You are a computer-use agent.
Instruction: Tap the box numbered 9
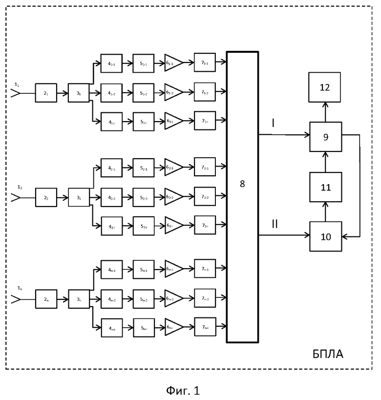(325, 137)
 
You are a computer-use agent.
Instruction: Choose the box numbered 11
(325, 187)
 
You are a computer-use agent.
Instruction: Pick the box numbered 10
(325, 236)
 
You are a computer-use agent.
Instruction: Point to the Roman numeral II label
(275, 224)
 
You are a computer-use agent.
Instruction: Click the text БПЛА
(328, 354)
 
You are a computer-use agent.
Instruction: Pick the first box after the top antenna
(46, 93)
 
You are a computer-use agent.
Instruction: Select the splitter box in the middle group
(79, 197)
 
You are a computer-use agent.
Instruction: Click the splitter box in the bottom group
(79, 298)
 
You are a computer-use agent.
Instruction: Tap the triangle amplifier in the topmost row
(173, 62)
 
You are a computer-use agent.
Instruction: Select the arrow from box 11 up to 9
(325, 161)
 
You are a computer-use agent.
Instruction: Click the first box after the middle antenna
(46, 197)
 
